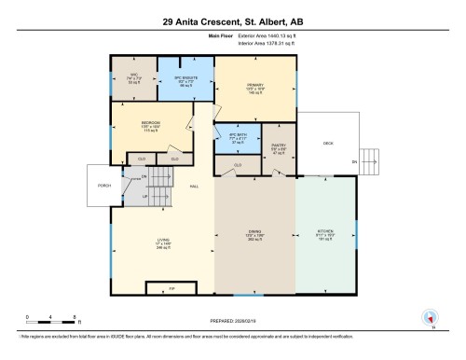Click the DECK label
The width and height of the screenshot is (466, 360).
point(327,144)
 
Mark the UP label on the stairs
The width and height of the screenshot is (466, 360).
point(144,197)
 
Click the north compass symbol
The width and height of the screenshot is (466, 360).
point(429,317)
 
